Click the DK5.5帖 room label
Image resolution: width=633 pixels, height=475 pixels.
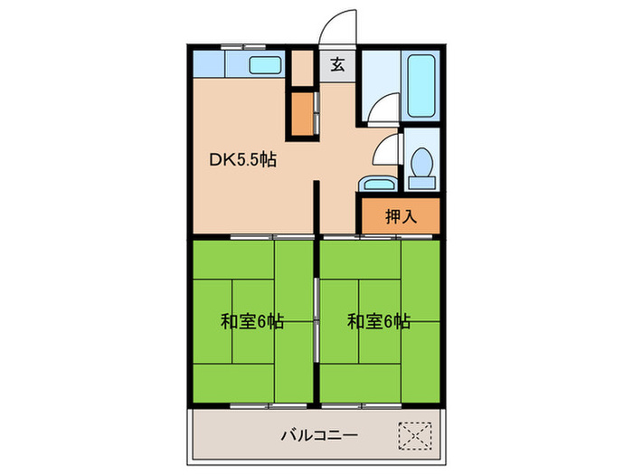[x=243, y=162]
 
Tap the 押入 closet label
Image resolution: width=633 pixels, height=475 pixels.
[x=401, y=216]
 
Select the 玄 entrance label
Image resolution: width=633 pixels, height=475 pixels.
[x=336, y=65]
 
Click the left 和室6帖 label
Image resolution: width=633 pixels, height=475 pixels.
[x=253, y=321]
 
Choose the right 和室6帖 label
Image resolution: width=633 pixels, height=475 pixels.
[x=380, y=321]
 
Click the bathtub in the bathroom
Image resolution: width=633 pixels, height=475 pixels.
[x=422, y=87]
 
